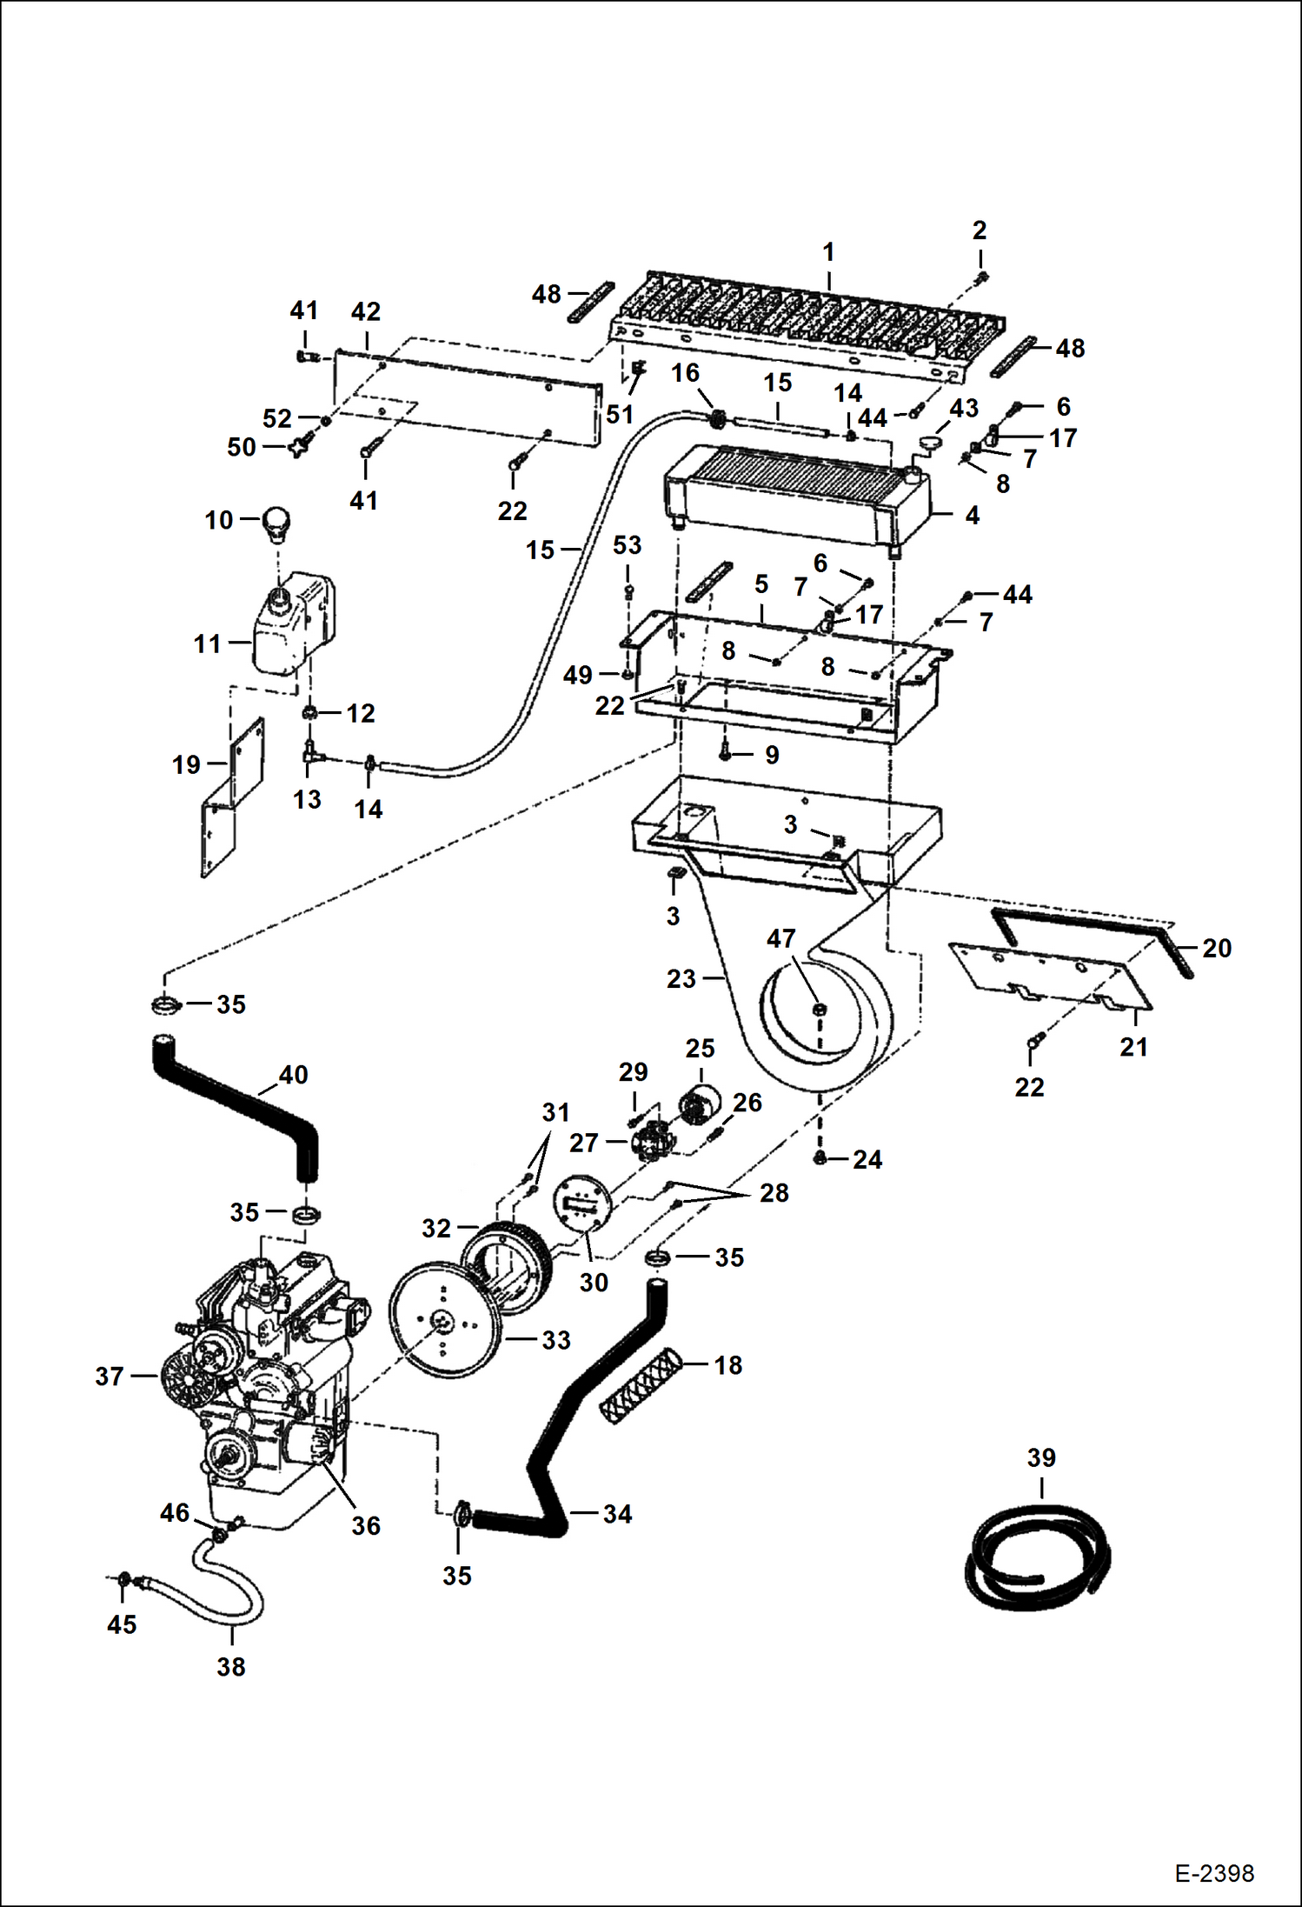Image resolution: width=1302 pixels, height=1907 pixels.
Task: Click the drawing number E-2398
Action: [x=1213, y=1872]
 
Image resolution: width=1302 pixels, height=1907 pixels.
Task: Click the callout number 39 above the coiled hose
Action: [x=1040, y=1457]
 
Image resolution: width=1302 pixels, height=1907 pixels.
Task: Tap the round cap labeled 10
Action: [x=276, y=522]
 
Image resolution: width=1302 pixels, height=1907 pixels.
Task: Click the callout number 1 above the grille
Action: [x=828, y=252]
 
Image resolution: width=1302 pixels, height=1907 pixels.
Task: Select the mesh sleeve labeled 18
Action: [x=640, y=1384]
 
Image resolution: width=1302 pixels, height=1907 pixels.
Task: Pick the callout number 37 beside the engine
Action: [x=110, y=1376]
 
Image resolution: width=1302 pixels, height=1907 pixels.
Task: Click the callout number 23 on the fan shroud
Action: [x=681, y=979]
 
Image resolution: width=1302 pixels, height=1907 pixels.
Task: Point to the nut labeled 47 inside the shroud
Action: [x=819, y=1009]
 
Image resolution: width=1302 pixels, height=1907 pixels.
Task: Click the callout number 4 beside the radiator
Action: [x=972, y=515]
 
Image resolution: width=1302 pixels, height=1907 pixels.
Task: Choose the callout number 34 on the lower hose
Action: [x=617, y=1514]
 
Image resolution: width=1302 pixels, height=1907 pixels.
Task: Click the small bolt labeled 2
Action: [x=982, y=277]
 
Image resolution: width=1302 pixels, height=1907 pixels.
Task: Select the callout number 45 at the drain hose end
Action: [x=122, y=1624]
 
